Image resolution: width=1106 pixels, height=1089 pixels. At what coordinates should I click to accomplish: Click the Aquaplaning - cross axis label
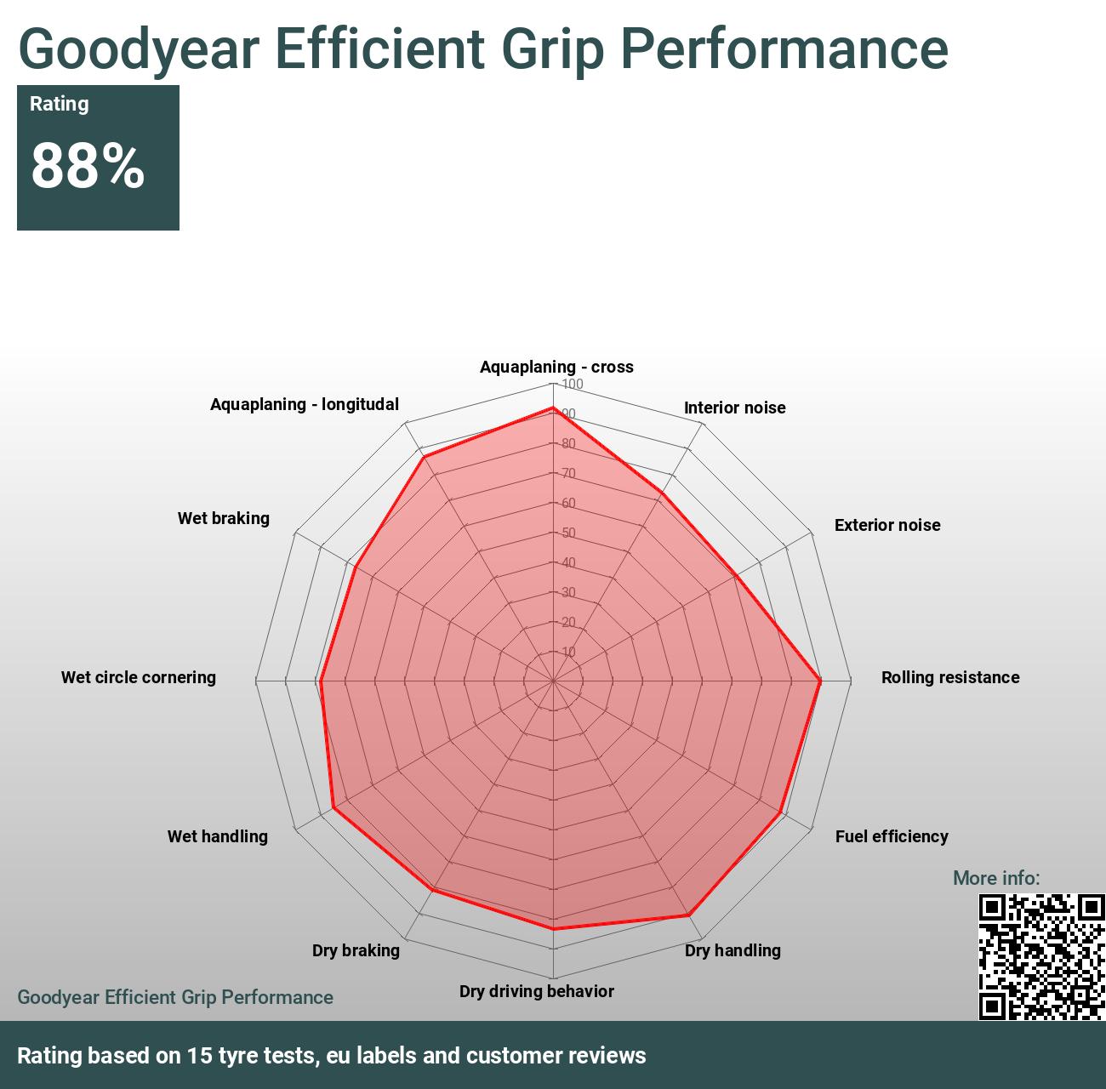pos(556,367)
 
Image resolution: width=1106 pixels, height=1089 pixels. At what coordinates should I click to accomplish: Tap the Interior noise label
pos(734,408)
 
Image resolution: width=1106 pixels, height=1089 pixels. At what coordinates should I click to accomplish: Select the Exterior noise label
pos(887,525)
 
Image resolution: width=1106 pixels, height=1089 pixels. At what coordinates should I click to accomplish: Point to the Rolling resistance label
pos(949,677)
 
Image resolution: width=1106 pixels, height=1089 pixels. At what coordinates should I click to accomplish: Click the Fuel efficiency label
pos(891,836)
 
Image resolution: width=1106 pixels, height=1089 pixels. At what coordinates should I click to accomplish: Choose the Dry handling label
pos(733,950)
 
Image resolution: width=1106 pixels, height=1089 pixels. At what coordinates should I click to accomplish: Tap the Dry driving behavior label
pos(536,991)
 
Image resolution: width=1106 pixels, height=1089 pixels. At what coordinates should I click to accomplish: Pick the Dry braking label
pos(356,950)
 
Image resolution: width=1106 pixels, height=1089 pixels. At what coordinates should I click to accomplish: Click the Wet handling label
pos(217,836)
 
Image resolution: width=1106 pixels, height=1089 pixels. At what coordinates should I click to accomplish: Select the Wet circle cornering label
pos(139,677)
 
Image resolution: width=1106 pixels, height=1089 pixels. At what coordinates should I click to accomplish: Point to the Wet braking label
pos(223,518)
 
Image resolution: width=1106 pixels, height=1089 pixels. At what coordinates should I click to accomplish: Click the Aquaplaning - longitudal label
pos(304,404)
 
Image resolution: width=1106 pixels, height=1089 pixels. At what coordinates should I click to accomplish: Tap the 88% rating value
pos(88,166)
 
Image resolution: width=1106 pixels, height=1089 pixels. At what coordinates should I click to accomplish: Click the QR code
pos(1041,956)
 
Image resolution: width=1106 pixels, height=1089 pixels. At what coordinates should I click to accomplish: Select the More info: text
pos(995,878)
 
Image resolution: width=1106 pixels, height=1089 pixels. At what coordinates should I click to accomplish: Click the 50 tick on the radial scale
pos(568,533)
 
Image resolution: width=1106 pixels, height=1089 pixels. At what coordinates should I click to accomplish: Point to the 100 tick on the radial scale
pos(572,385)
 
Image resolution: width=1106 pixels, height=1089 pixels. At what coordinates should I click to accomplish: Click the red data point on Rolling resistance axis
pos(820,681)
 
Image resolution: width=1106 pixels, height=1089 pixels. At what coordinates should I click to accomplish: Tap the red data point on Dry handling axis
pos(688,915)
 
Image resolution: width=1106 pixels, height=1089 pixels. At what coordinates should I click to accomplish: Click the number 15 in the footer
pos(199,1056)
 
